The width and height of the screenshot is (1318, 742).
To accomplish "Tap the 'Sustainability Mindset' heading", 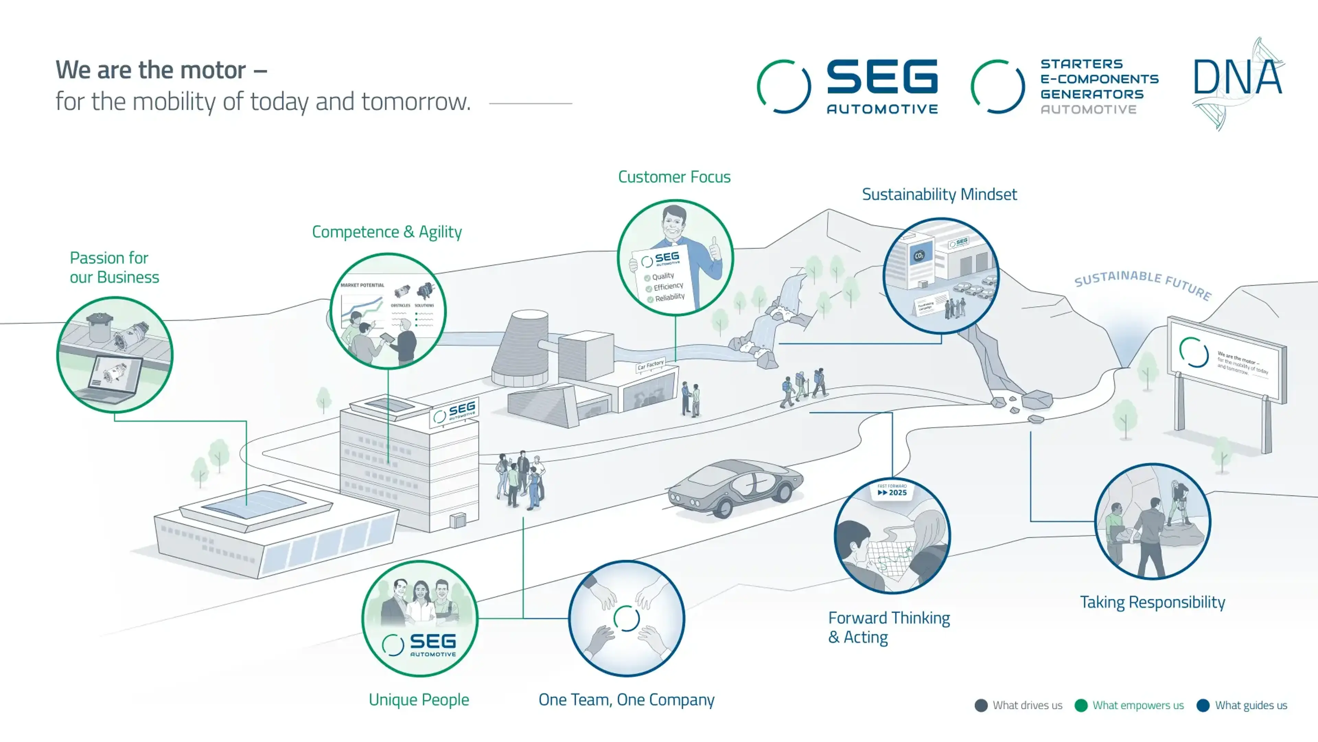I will (939, 194).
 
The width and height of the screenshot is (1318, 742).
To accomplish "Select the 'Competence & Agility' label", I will (387, 232).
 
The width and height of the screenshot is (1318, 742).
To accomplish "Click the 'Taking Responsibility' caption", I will (1152, 602).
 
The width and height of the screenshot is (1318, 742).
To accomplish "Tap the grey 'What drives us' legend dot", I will (981, 706).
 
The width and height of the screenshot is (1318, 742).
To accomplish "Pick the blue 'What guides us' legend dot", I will (1203, 706).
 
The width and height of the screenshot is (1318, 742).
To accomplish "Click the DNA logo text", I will (1238, 78).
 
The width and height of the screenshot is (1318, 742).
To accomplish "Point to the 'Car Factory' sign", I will (650, 364).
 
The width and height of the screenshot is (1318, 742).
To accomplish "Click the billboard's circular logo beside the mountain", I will (1194, 352).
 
